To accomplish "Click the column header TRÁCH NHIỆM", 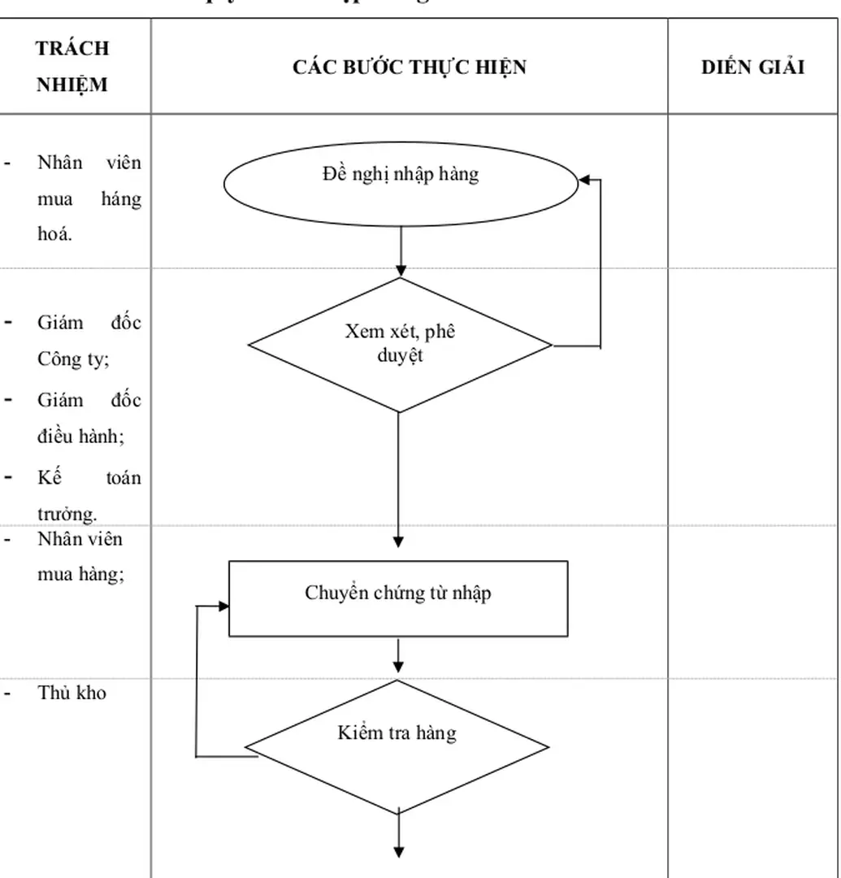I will (x=72, y=66).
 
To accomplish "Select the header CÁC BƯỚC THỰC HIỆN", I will (x=409, y=67).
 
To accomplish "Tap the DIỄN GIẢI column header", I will (x=752, y=67).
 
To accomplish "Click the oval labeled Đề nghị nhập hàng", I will (x=400, y=183).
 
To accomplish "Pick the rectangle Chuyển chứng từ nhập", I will (x=397, y=598).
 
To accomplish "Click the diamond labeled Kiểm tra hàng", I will (x=397, y=745).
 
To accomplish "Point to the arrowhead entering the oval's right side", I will (x=583, y=180).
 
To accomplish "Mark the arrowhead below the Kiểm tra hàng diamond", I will (x=399, y=850).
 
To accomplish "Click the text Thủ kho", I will (x=72, y=693).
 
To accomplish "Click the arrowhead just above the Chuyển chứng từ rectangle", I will (x=398, y=541).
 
